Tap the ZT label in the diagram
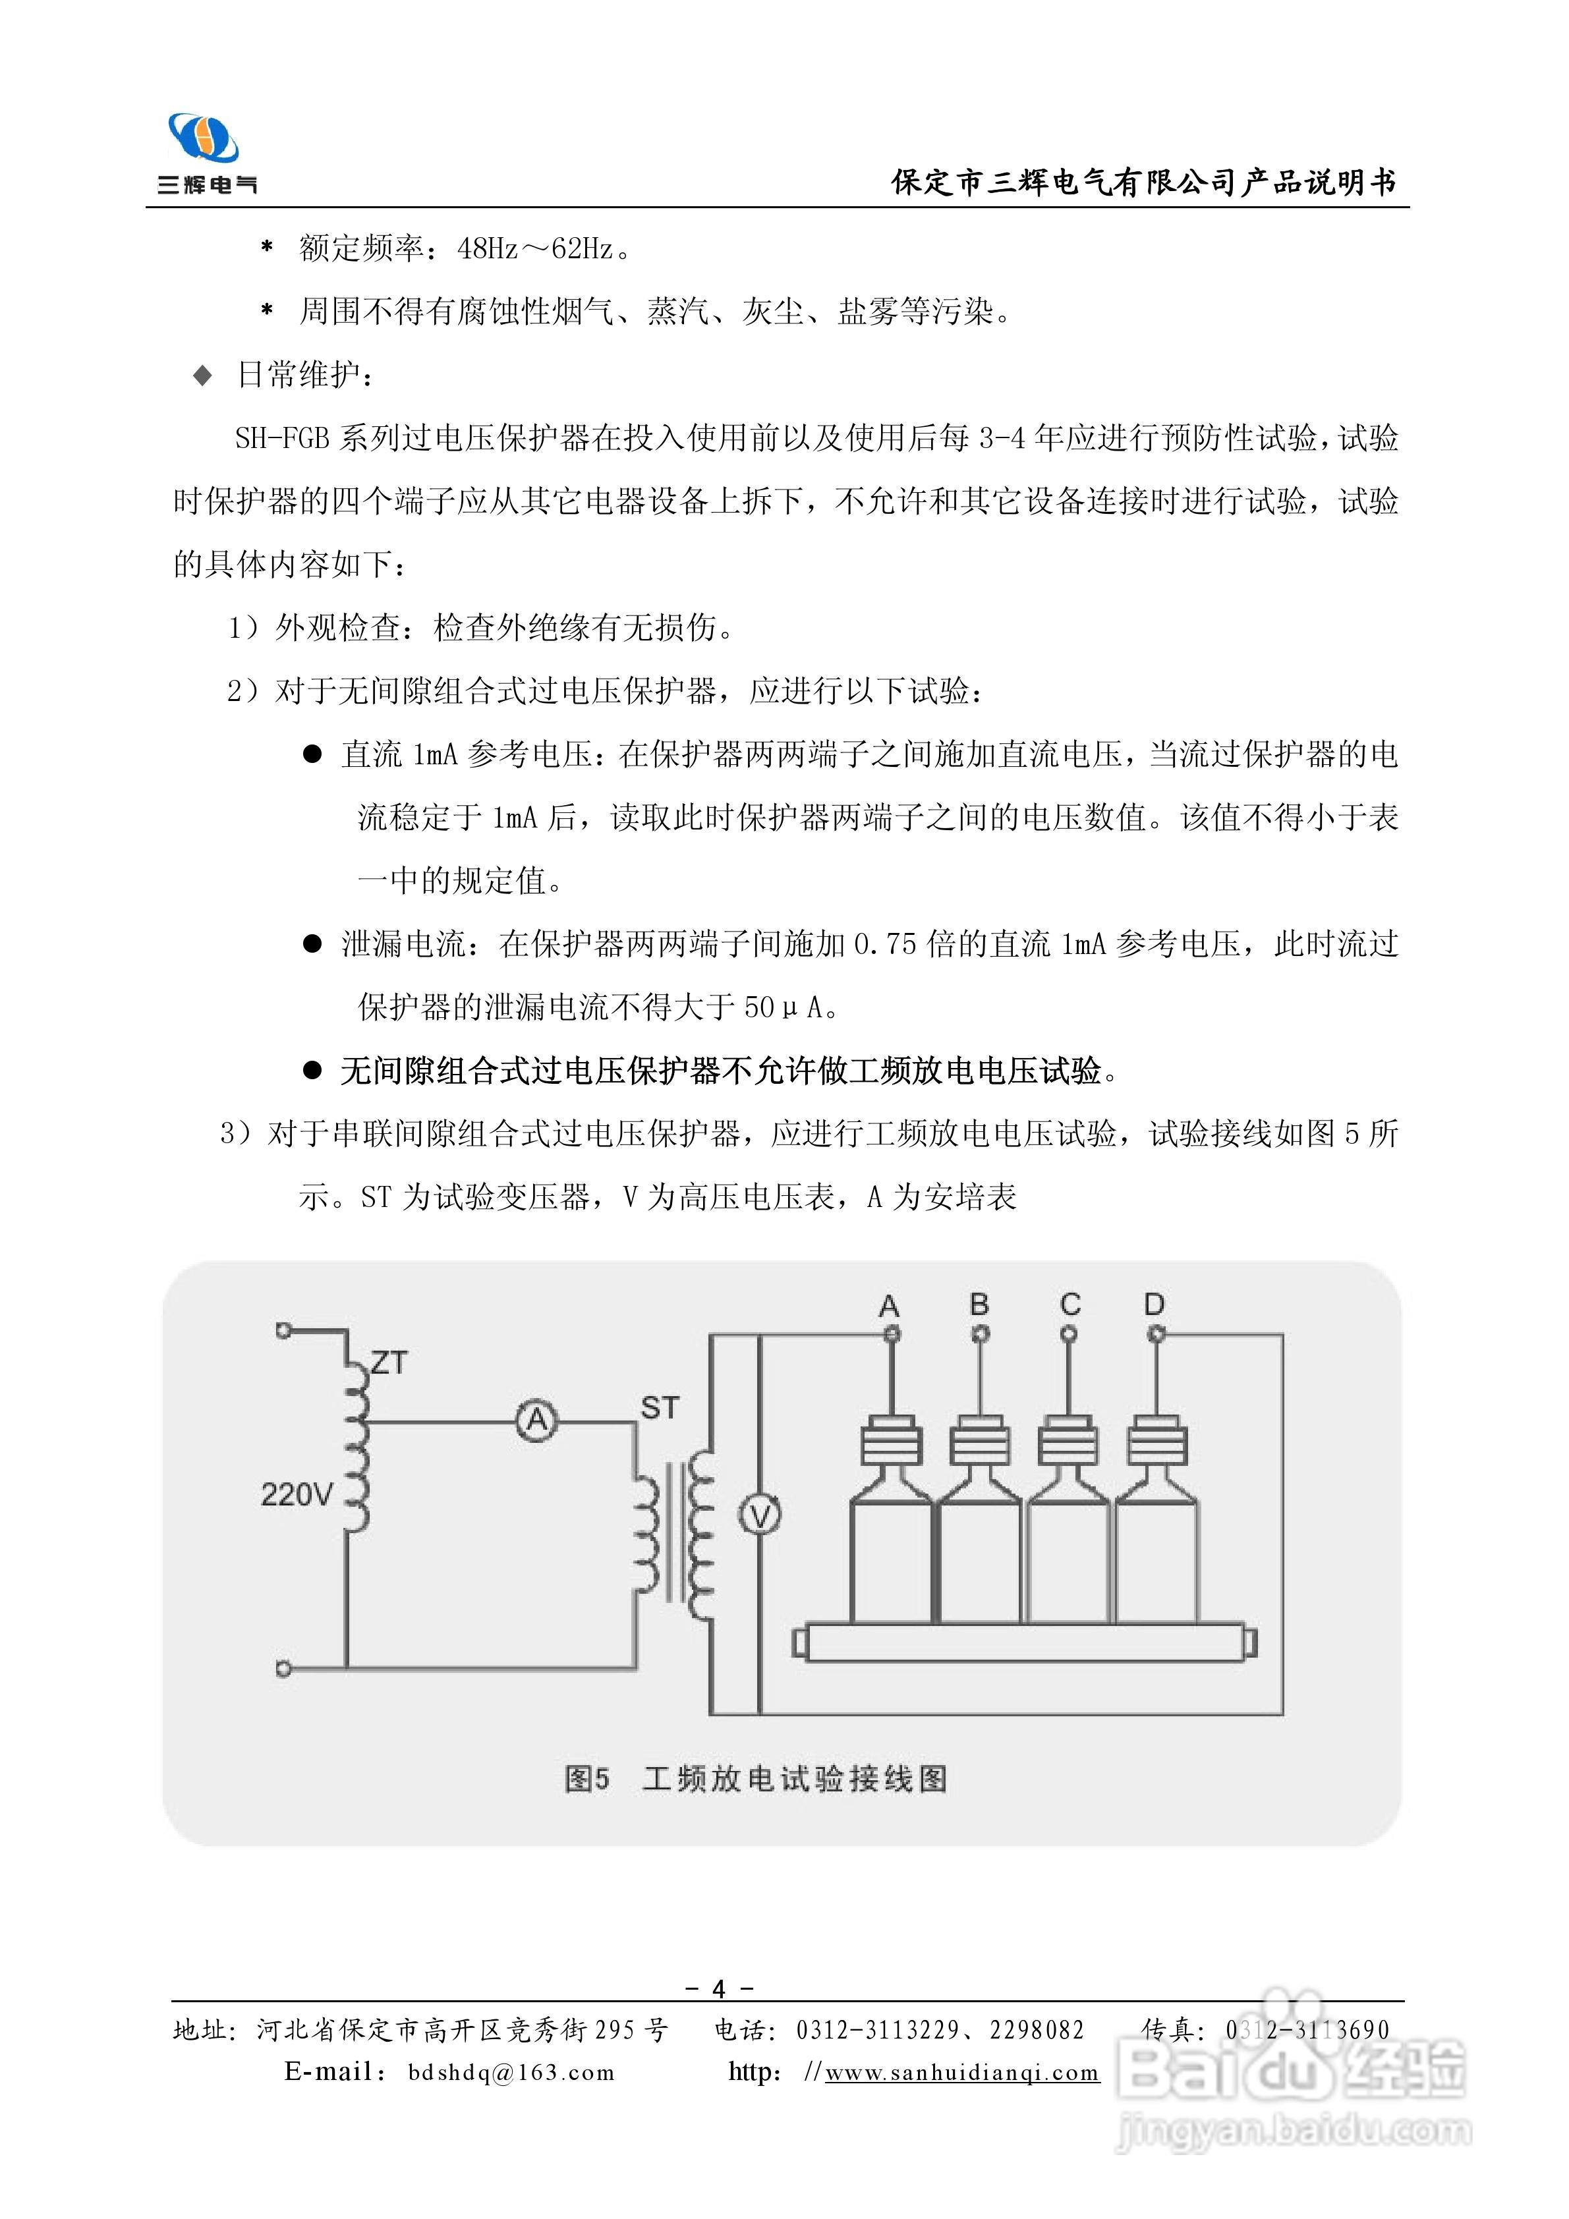[389, 1362]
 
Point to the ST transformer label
[660, 1408]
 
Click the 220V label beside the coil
[297, 1495]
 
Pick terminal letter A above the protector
[890, 1306]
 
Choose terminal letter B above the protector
[979, 1305]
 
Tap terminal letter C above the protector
[1070, 1305]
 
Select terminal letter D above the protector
[1155, 1305]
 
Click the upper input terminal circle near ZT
[283, 1331]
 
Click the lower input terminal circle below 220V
[283, 1669]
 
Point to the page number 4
[718, 1989]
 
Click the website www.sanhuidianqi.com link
[962, 2072]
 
